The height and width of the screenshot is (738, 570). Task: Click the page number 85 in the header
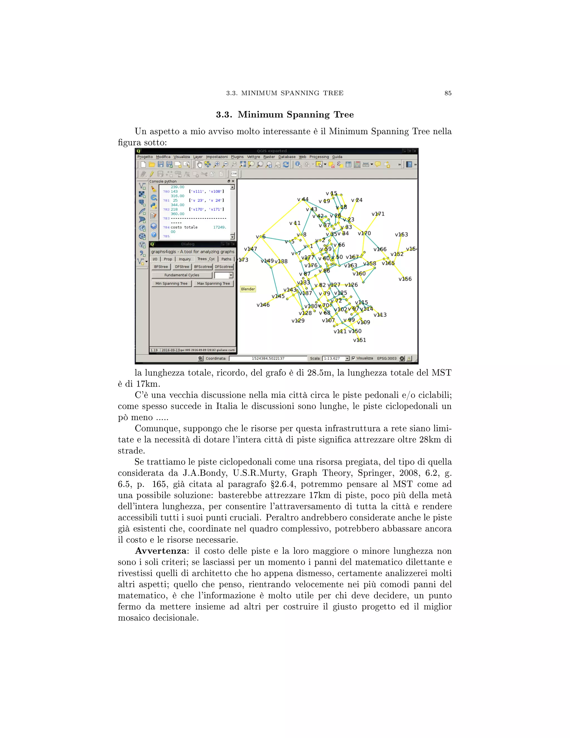[448, 93]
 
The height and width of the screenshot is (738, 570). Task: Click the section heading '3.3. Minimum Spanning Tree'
[285, 114]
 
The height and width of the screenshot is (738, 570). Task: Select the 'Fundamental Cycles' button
[182, 275]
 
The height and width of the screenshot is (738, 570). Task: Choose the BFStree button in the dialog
[161, 267]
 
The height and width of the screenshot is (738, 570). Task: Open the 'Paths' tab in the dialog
[226, 259]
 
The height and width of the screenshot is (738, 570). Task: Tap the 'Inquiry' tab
[185, 259]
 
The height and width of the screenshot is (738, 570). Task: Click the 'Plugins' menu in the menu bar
[237, 157]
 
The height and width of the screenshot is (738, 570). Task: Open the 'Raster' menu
[269, 157]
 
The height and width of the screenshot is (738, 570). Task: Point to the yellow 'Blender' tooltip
[248, 289]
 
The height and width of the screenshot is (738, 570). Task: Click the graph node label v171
[378, 214]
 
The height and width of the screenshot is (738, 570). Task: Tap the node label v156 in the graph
[405, 279]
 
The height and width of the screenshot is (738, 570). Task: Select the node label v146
[263, 305]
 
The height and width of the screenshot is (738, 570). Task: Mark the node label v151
[359, 340]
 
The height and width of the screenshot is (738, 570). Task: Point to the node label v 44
[303, 199]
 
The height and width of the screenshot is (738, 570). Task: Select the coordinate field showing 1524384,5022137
[268, 358]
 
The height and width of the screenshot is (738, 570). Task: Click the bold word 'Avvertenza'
[160, 551]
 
